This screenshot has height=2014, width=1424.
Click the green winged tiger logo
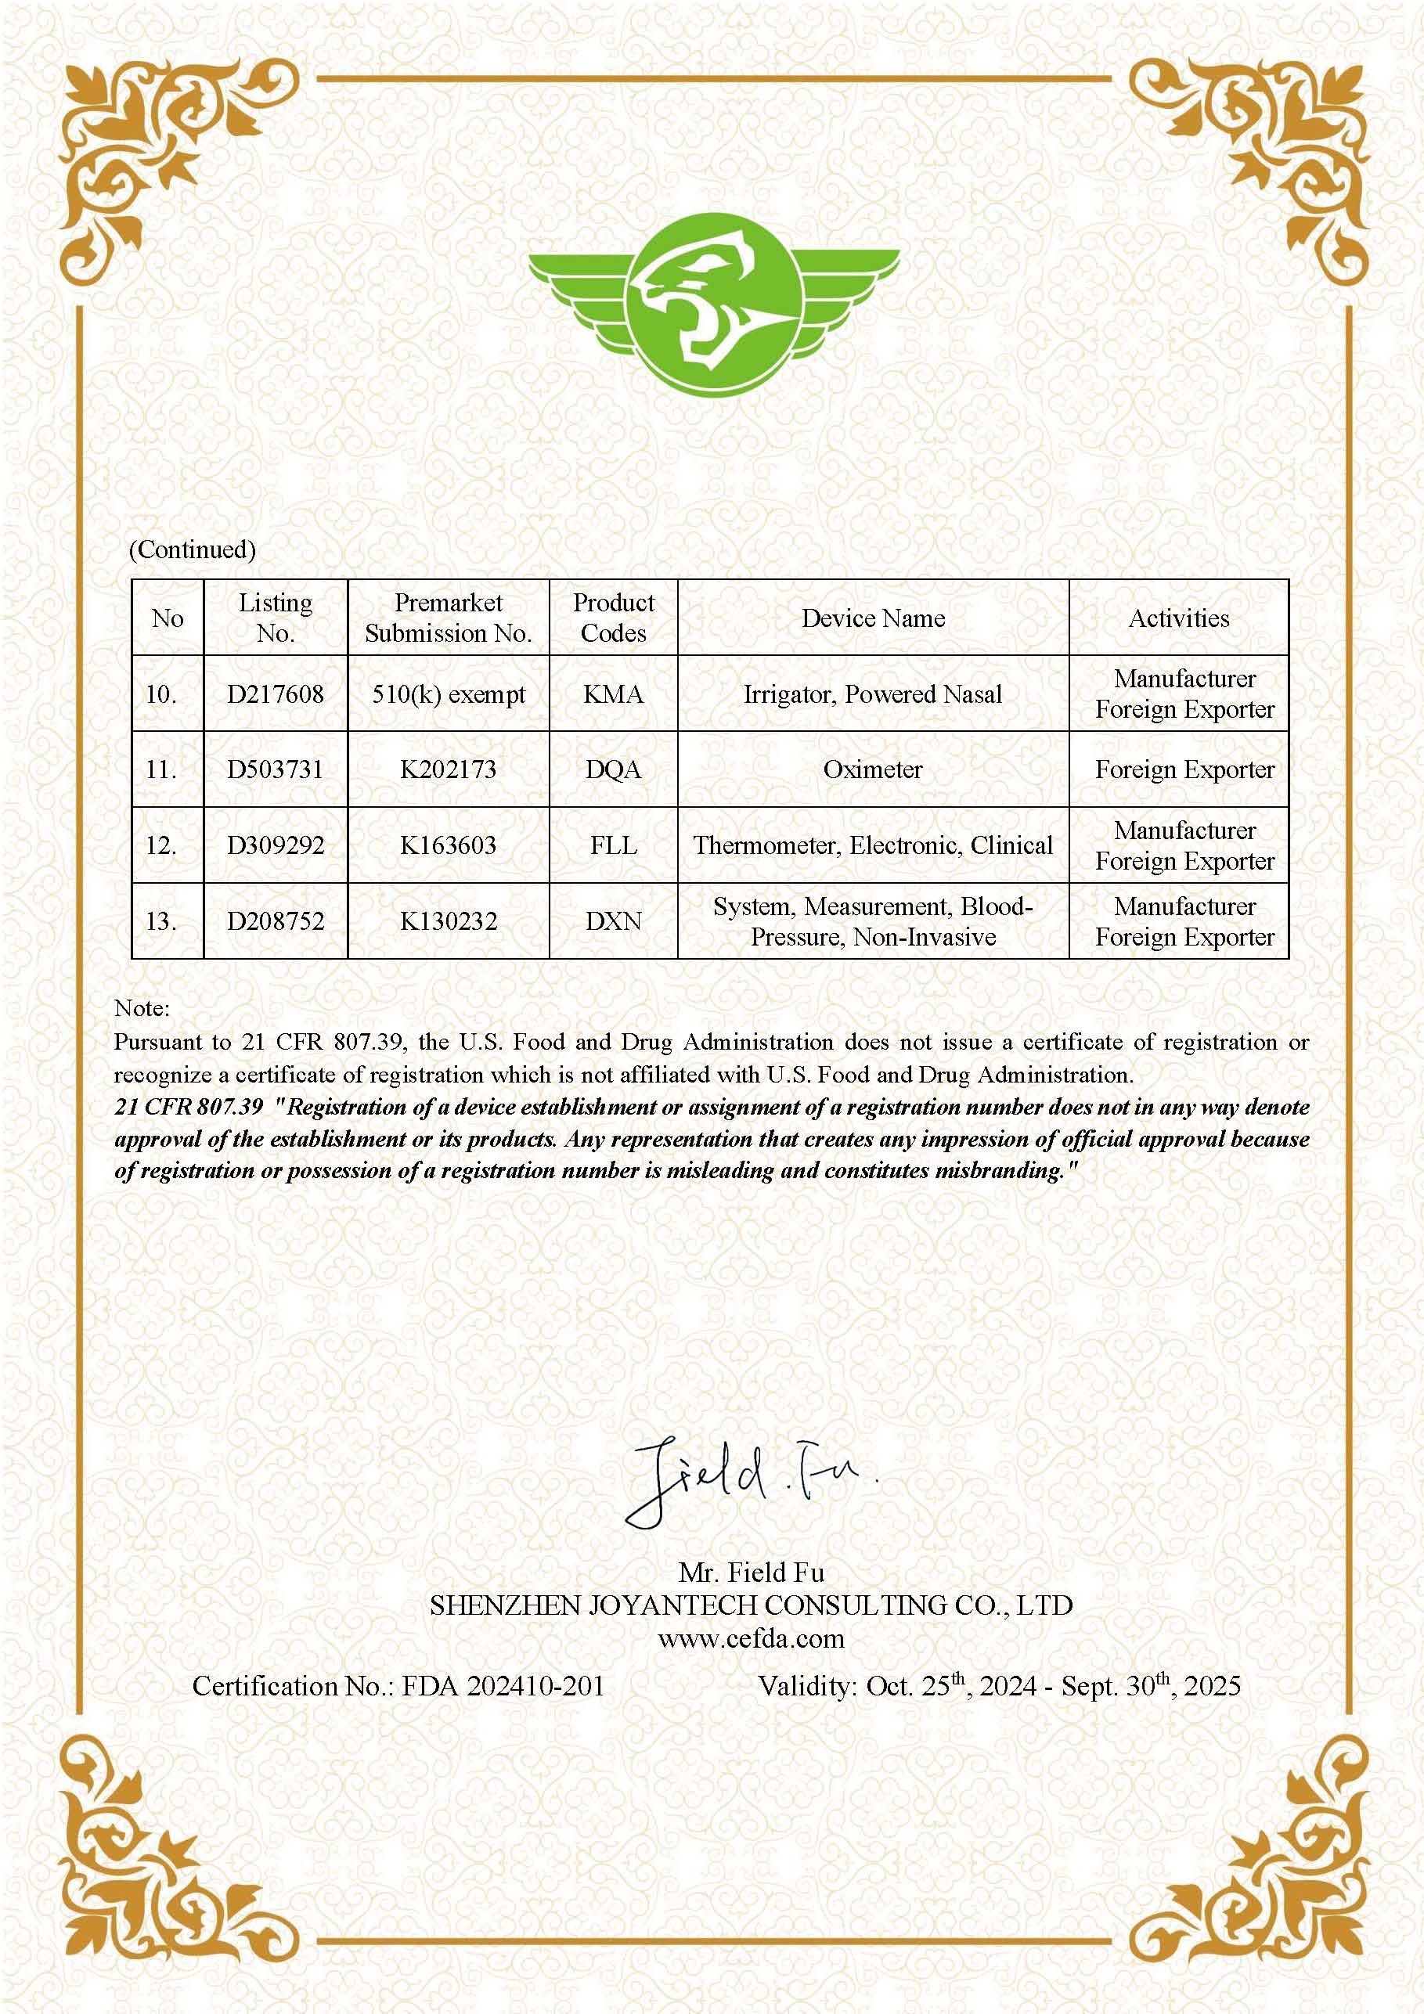coord(713,303)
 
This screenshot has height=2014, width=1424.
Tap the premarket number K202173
coord(448,769)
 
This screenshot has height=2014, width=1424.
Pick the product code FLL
coord(613,845)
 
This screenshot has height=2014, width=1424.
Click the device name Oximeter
coord(872,769)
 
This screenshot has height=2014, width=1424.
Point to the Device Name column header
coord(872,618)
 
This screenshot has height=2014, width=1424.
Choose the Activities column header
coord(1178,618)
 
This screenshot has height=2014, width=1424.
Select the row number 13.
coord(161,921)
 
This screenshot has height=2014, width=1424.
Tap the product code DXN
coord(613,921)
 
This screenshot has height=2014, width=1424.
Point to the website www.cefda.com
coord(750,1638)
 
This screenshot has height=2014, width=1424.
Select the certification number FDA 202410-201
coord(502,1685)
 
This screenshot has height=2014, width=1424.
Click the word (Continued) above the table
coord(192,549)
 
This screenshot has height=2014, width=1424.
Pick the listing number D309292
coord(275,845)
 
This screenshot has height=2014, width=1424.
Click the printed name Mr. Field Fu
coord(750,1571)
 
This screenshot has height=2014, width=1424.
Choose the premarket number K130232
coord(448,921)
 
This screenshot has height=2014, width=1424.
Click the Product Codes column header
coord(613,618)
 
